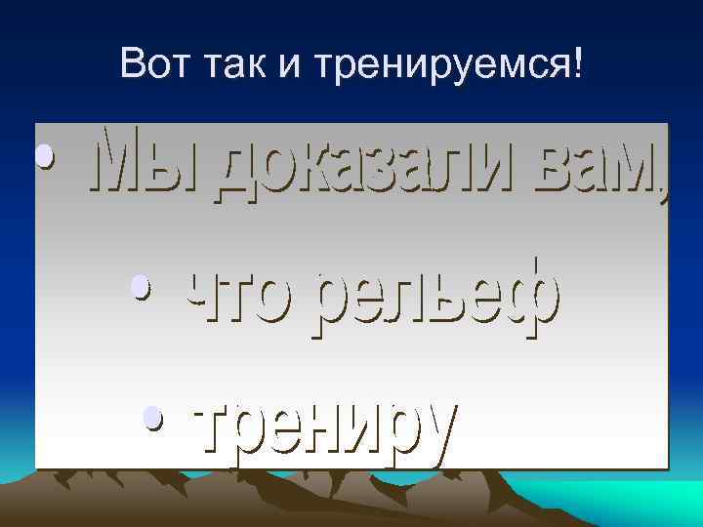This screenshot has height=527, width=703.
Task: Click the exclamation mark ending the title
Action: pyautogui.click(x=583, y=65)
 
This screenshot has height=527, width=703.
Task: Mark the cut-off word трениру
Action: pyautogui.click(x=326, y=429)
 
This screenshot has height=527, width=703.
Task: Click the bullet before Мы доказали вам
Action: pyautogui.click(x=42, y=156)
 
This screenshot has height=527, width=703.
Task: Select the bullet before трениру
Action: pyautogui.click(x=150, y=419)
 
